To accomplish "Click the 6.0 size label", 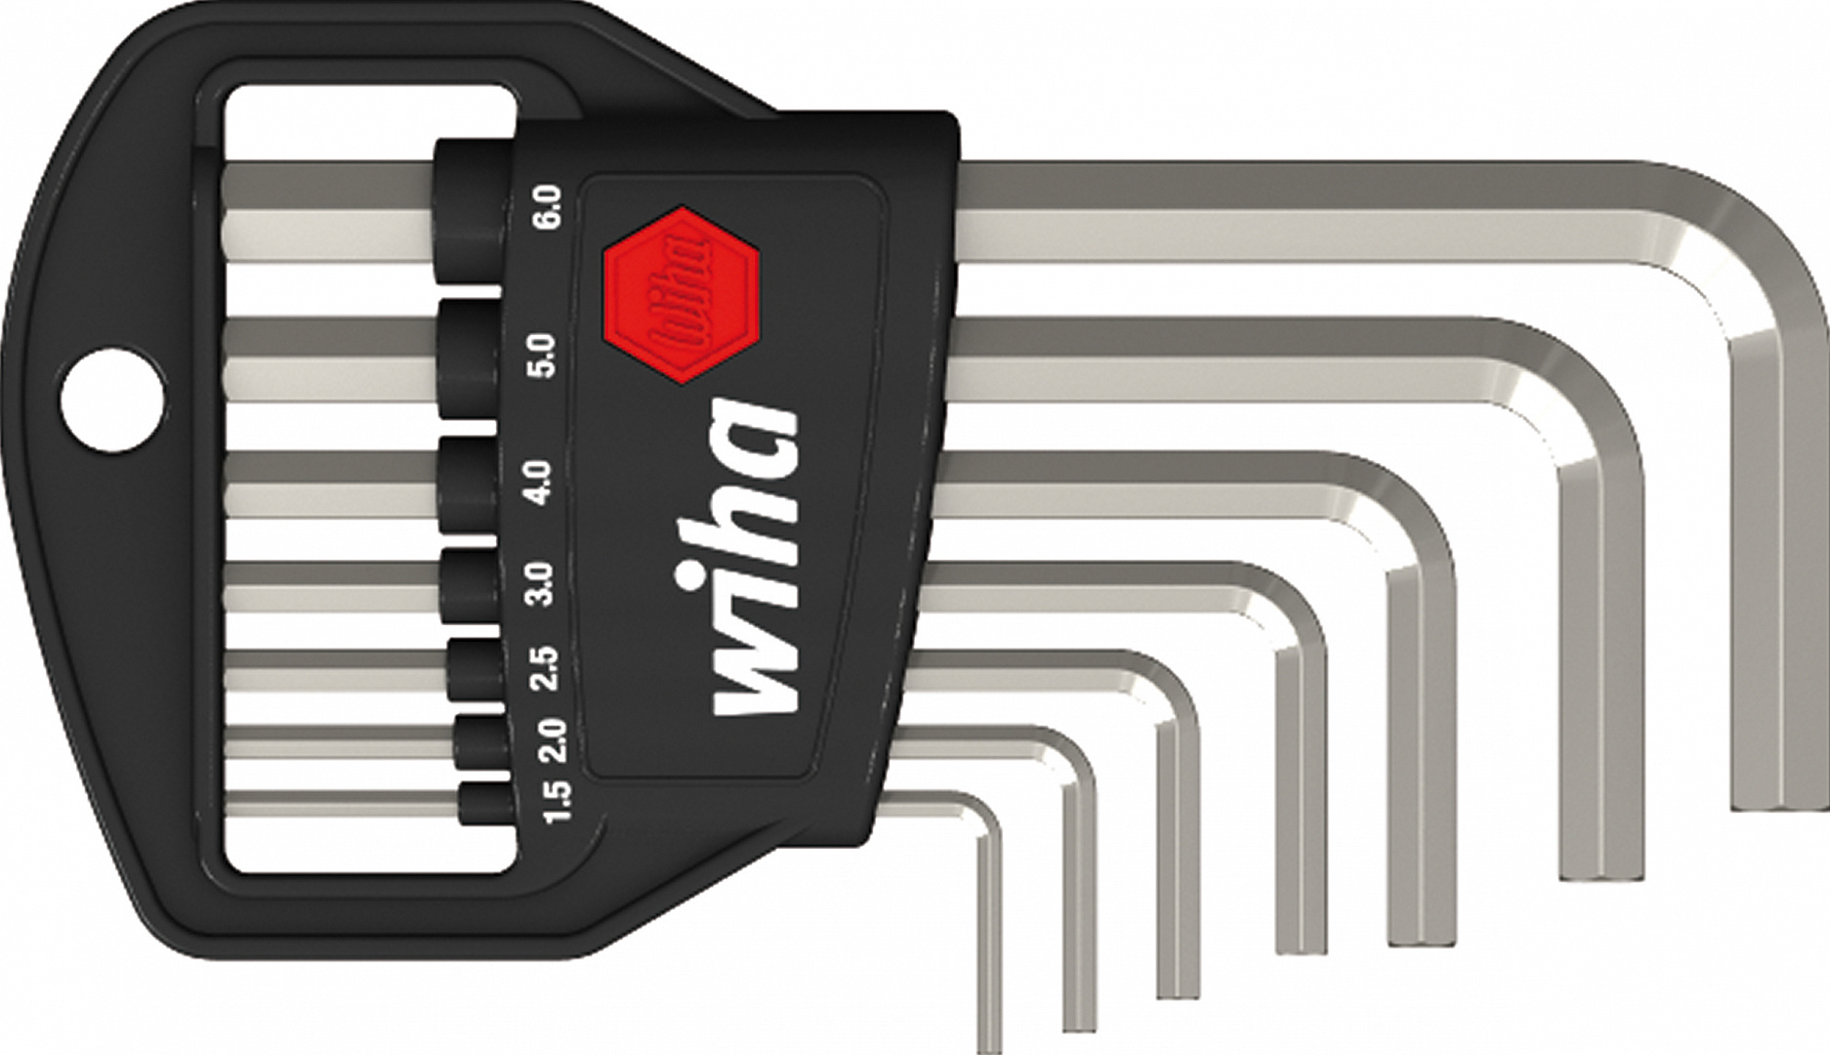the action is [548, 206].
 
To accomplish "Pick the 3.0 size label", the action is [540, 584].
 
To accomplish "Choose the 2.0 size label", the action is [552, 741].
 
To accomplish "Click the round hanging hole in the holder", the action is [110, 399].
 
